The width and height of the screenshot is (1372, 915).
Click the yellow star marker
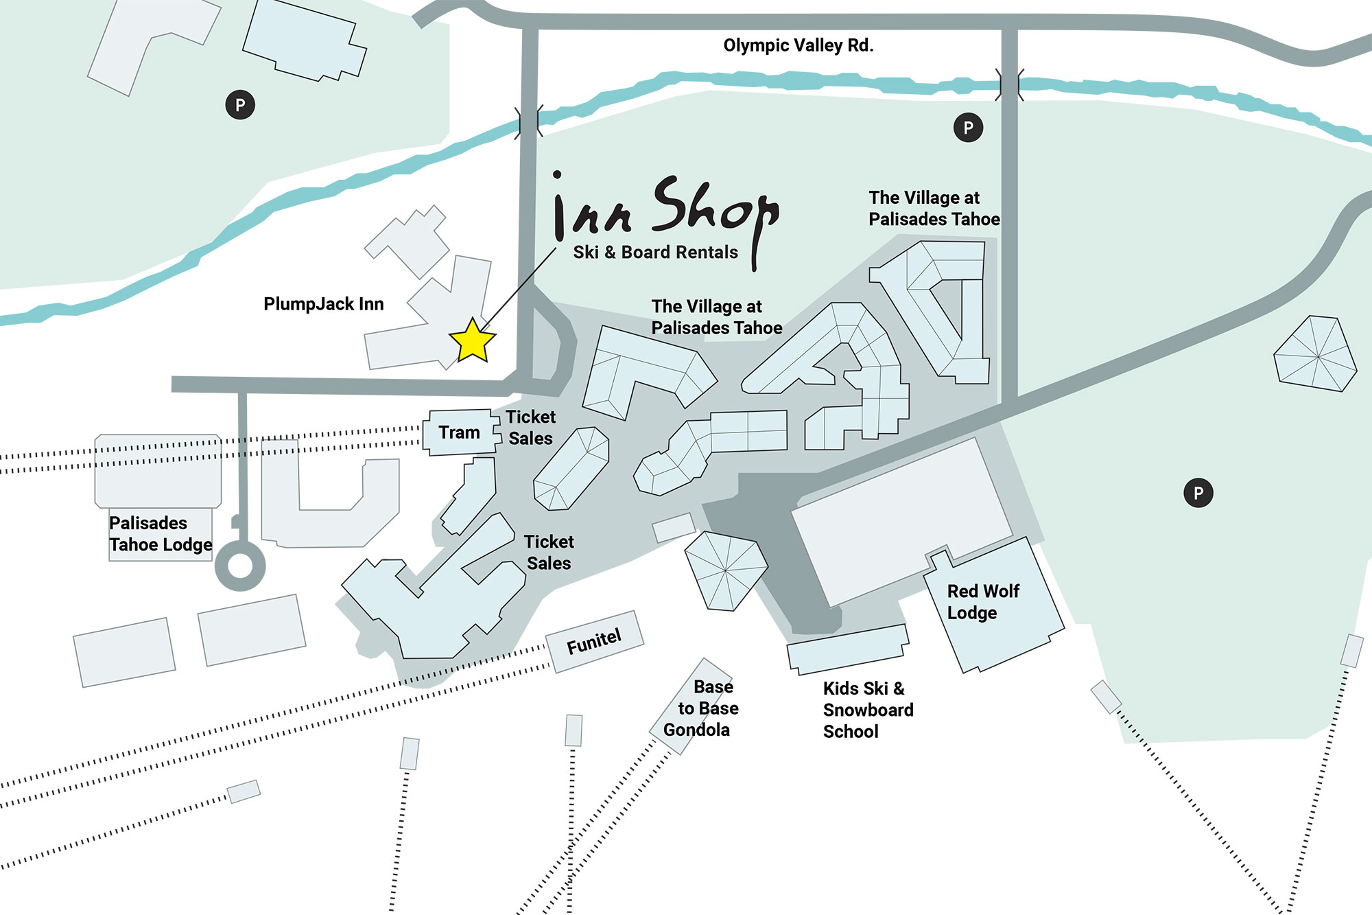[472, 340]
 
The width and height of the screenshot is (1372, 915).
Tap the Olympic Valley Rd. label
[798, 45]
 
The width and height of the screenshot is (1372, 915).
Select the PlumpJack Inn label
[323, 304]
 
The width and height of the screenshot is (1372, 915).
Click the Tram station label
[459, 432]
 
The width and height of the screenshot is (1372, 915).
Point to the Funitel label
[594, 642]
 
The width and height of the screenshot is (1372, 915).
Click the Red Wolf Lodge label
[982, 601]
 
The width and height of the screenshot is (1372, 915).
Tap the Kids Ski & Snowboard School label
[868, 710]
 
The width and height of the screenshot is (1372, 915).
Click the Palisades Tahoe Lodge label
[161, 534]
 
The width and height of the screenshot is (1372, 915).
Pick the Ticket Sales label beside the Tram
[530, 427]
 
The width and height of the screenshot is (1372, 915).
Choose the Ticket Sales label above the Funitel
[549, 553]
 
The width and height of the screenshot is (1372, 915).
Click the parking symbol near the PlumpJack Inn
[240, 105]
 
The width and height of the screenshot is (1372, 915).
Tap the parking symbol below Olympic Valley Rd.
[968, 128]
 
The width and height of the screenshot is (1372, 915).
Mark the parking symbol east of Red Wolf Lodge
[1198, 493]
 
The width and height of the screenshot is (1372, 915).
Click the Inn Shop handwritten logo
[665, 209]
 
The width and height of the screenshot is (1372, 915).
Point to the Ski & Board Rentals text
[655, 253]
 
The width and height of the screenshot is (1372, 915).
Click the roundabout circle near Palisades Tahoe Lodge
[240, 566]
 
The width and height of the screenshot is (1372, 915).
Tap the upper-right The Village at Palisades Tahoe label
[934, 208]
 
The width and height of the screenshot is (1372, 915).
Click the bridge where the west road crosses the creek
[529, 122]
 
